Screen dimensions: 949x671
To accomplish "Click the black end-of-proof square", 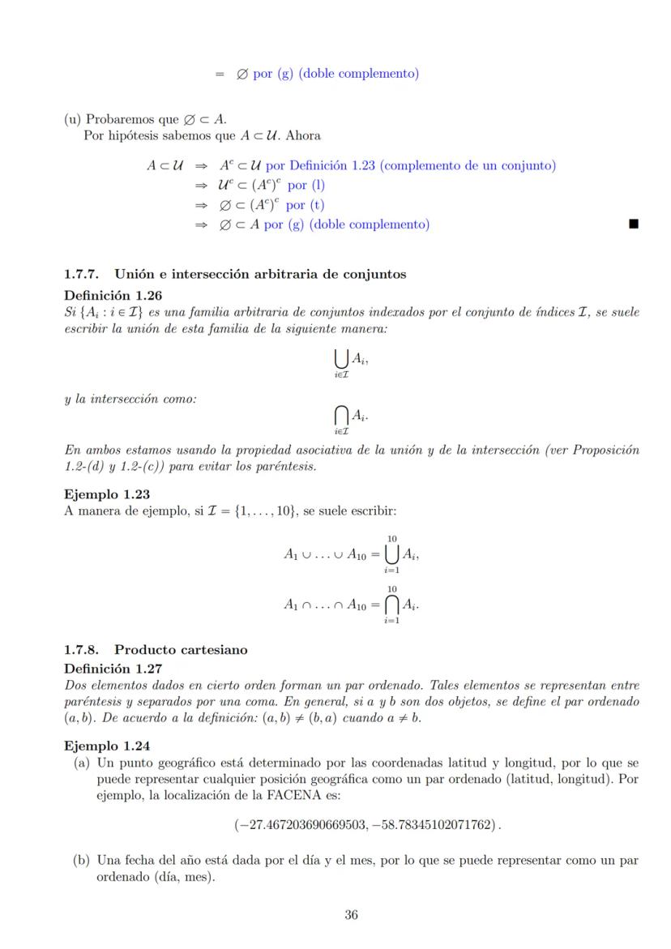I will [x=634, y=224].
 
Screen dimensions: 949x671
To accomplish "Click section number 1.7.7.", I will [x=83, y=274].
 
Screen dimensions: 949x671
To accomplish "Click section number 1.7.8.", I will [x=83, y=649].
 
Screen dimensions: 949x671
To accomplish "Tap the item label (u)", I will [x=73, y=120].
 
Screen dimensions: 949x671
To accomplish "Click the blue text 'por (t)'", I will [x=306, y=205].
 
